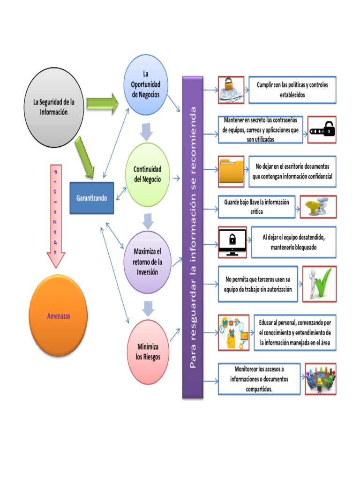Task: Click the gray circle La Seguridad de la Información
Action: (53, 108)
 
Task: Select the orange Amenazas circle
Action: (59, 316)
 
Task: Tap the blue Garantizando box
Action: (91, 198)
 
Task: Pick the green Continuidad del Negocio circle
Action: (147, 174)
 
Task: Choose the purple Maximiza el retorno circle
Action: (147, 262)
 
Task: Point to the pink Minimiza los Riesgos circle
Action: (149, 352)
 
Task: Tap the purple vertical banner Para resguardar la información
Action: (193, 237)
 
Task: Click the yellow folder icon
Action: (231, 172)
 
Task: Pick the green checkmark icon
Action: (319, 284)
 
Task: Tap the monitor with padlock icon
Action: (232, 242)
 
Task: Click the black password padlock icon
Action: (322, 129)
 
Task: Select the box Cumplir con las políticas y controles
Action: (292, 90)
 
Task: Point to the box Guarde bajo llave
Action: (256, 207)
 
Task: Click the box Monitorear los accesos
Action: (259, 379)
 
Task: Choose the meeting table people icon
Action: (321, 379)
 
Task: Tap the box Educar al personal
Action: (295, 332)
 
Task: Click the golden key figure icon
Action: (318, 207)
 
